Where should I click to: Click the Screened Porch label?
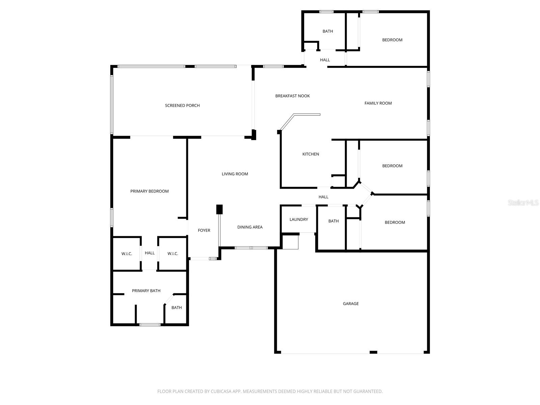tap(182, 106)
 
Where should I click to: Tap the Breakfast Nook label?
tap(292, 96)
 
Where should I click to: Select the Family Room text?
tap(378, 103)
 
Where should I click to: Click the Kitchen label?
tap(310, 154)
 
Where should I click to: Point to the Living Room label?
tap(235, 174)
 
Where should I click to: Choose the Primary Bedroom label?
tap(150, 191)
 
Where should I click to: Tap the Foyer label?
tap(204, 231)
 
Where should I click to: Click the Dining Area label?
tap(250, 227)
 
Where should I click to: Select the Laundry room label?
tap(299, 219)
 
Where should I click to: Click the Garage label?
tap(351, 304)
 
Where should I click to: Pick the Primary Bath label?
tap(146, 291)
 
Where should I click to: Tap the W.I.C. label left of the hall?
tap(127, 254)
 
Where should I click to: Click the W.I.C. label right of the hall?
tap(172, 254)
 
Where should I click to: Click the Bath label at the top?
tap(328, 31)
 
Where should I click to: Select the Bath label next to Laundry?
tap(333, 221)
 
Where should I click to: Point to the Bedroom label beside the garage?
tap(395, 222)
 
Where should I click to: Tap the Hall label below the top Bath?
tap(325, 60)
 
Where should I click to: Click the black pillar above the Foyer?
tap(219, 209)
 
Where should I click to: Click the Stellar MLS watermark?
tap(523, 203)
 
